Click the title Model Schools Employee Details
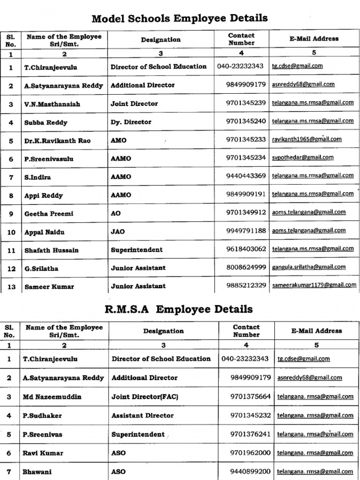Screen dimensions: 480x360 180,19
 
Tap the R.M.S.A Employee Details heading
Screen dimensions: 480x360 180,309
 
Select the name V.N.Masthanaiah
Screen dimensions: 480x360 52,104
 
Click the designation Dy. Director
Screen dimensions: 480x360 131,122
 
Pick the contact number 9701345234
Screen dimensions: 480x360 246,158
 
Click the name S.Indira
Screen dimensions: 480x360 37,177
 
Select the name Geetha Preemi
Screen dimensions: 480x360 49,214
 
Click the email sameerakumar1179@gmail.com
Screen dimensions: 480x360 313,285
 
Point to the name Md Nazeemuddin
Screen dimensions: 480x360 52,397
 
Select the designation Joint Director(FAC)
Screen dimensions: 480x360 145,397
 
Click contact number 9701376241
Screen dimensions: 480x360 250,434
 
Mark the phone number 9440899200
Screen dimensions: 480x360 250,471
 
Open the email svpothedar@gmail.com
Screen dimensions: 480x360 302,157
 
